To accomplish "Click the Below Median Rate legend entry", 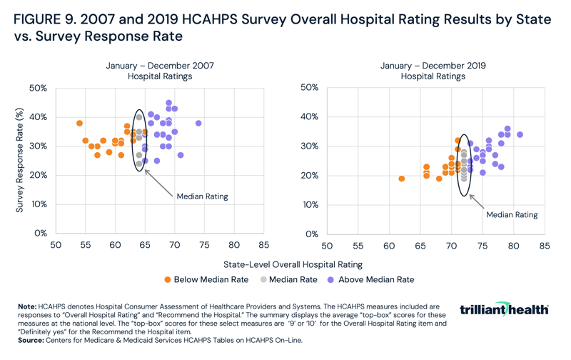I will (x=207, y=279).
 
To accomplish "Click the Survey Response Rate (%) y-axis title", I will (x=20, y=160).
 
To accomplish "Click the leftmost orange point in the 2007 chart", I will (x=79, y=124).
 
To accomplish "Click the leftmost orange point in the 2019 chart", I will (x=401, y=179).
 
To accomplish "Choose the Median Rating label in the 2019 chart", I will (x=512, y=214).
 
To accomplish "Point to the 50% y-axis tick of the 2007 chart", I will (x=38, y=88).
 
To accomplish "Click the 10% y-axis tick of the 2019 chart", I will (x=309, y=204).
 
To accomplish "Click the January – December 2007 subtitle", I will (x=160, y=66).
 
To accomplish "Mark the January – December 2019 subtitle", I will (x=433, y=66).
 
